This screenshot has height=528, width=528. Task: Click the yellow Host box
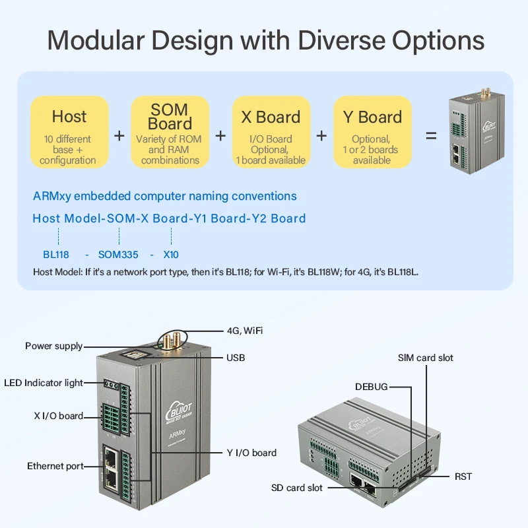click(69, 132)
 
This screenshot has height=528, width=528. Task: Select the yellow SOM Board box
click(170, 132)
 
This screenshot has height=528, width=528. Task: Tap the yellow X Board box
click(271, 132)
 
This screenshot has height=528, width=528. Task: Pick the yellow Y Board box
click(372, 132)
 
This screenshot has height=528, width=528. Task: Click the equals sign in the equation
click(431, 135)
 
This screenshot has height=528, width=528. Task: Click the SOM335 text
click(117, 254)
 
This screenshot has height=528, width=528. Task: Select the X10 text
click(171, 254)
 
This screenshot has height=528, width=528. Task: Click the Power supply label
click(54, 346)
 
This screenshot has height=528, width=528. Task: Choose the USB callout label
click(236, 358)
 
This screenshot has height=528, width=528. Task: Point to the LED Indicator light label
click(44, 383)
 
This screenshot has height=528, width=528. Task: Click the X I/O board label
click(59, 416)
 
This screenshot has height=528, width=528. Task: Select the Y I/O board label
click(251, 453)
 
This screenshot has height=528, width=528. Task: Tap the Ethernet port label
click(55, 466)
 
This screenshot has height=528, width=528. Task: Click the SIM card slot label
click(426, 358)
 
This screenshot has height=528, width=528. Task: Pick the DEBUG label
click(372, 387)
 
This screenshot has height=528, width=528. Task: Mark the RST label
click(463, 477)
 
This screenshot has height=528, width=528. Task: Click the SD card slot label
click(297, 488)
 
